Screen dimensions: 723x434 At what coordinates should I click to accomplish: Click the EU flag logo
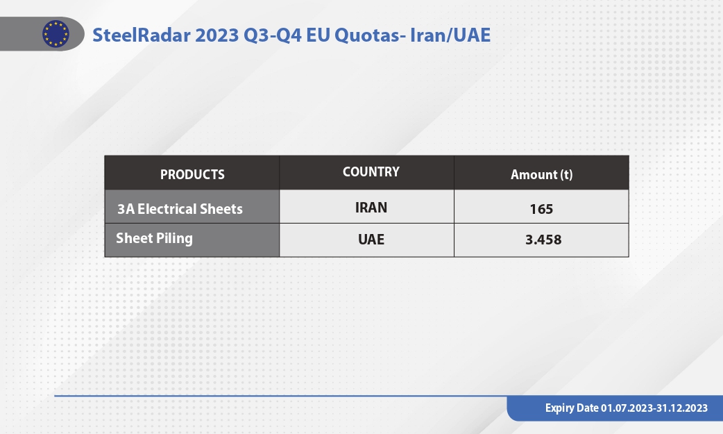(56, 34)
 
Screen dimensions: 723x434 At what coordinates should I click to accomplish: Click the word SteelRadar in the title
(142, 35)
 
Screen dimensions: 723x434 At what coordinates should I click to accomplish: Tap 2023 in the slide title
(216, 35)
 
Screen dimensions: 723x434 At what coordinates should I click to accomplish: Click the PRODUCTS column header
(192, 174)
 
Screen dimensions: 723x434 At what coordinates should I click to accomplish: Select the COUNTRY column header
(371, 172)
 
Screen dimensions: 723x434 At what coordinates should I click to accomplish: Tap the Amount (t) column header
(541, 174)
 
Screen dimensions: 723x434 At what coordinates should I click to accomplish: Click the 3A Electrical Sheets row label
(180, 209)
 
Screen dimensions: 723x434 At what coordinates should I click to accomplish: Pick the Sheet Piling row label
(155, 238)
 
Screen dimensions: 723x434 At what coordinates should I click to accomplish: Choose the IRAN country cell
(371, 208)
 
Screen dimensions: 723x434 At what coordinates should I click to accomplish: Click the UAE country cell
(371, 240)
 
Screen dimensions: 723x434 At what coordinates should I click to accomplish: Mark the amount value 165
(541, 209)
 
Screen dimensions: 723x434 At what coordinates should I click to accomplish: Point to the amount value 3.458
(543, 240)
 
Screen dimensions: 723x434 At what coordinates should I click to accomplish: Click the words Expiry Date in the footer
(572, 408)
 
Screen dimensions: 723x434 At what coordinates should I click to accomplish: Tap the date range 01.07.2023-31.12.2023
(654, 408)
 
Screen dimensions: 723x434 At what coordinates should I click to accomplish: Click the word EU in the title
(318, 35)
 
